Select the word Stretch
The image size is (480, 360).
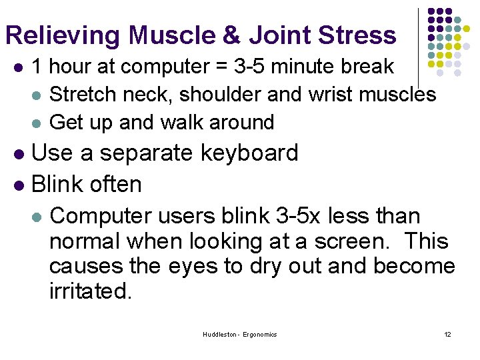[80, 95]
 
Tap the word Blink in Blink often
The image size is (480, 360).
[58, 185]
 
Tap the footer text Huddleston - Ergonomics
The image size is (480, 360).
[240, 334]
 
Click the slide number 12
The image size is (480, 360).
[447, 334]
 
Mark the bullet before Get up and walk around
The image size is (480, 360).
[37, 123]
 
